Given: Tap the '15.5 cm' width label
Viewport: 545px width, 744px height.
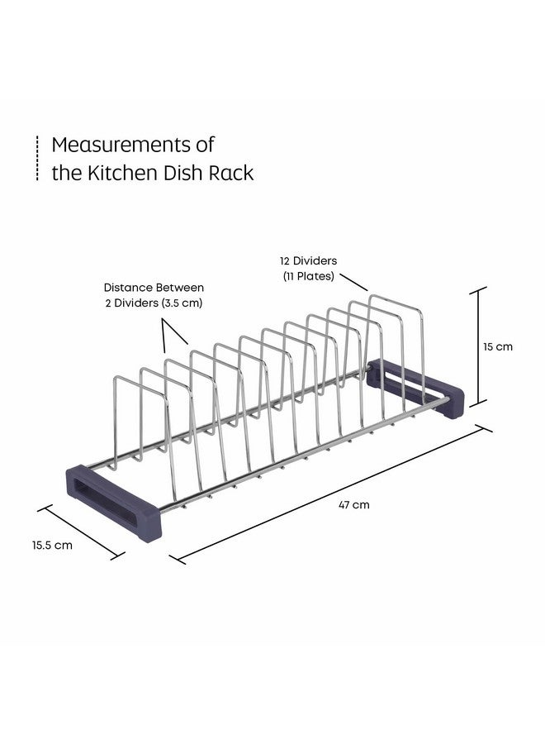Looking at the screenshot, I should point(53,545).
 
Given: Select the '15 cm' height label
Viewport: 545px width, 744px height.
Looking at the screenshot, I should point(498,346).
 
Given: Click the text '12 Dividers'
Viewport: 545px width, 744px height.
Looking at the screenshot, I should point(309,260).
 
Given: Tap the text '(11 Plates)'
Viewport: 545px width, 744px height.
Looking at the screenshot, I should point(308,276).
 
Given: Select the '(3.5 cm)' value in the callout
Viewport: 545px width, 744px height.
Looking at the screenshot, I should point(182,303).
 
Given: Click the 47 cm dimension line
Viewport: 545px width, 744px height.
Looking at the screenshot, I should point(334,494).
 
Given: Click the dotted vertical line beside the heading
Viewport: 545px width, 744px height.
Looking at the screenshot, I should point(37,158).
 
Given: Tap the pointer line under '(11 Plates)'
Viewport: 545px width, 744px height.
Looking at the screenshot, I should point(353,279).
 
